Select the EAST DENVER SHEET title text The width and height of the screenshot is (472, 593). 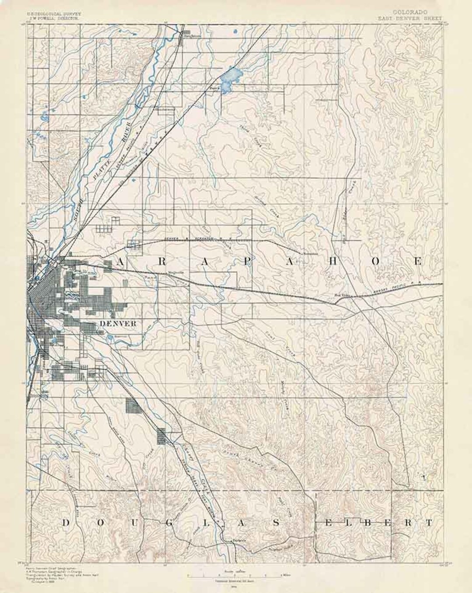click(411, 19)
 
